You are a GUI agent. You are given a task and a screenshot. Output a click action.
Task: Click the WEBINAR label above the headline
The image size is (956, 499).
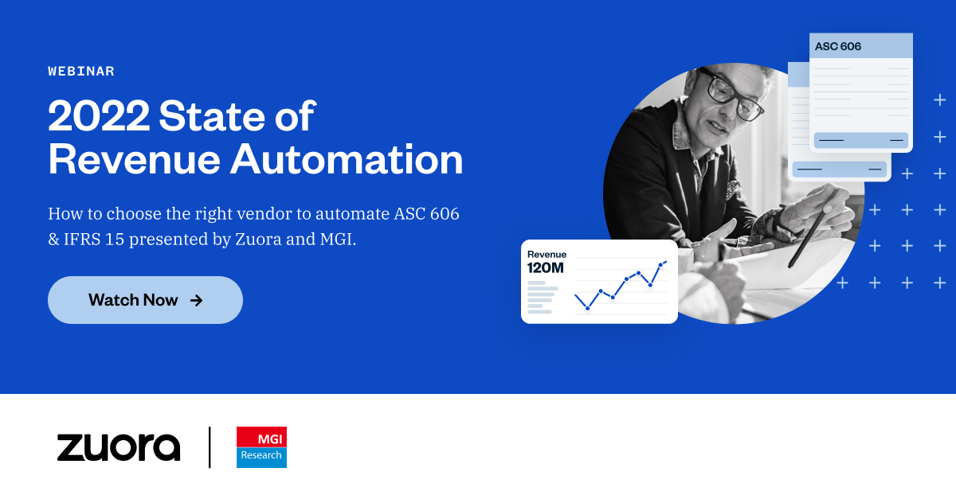81,72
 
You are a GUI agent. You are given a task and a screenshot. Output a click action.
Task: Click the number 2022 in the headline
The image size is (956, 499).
99,117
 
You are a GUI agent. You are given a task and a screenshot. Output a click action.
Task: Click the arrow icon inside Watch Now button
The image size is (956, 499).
197,300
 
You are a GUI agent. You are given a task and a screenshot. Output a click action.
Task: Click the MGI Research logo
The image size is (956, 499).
261,446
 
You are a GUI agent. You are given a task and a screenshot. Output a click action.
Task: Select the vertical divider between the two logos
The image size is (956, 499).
210,446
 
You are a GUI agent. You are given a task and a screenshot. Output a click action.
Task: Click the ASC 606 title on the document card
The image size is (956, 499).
838,46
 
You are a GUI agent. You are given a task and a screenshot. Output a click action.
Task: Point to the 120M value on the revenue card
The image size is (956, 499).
545,268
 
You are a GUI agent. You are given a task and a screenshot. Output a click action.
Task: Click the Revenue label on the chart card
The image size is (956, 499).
547,255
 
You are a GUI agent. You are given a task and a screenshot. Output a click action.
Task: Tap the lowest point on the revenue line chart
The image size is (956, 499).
587,308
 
